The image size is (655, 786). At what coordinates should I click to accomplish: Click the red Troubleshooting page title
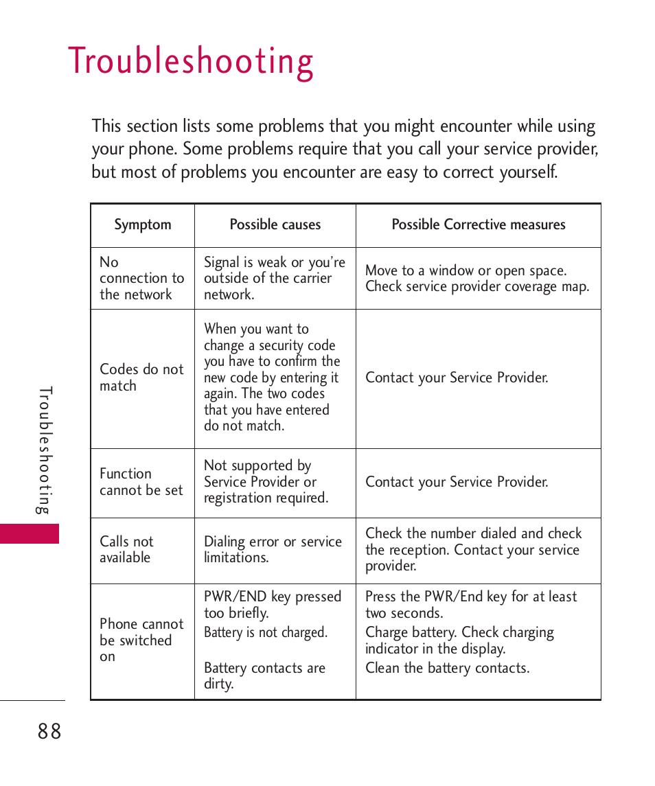coord(191,62)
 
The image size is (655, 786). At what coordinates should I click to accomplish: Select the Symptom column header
coord(143,225)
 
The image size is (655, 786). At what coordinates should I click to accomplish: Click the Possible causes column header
coord(275,224)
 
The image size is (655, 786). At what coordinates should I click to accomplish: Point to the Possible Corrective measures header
coord(479,224)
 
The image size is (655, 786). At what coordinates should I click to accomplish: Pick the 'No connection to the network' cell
coord(141,278)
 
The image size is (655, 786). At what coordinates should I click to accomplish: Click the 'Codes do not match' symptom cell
coord(141,378)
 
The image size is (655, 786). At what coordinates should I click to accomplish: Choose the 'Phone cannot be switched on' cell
coord(141,640)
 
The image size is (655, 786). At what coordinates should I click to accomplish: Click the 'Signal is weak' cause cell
coord(274,278)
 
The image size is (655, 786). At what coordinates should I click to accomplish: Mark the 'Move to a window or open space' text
coord(466,270)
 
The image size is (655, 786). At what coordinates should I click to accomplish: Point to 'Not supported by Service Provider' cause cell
coord(266,482)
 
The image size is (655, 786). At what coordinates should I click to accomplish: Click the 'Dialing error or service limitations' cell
coord(273,550)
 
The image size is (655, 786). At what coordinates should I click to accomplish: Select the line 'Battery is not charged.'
coord(265,633)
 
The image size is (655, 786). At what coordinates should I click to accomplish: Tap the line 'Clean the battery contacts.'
coord(447,668)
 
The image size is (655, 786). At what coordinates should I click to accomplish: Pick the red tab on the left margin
coord(30,533)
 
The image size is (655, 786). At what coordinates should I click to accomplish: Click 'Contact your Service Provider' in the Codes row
coord(457,378)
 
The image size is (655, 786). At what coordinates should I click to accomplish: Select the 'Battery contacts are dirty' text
coord(264,676)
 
